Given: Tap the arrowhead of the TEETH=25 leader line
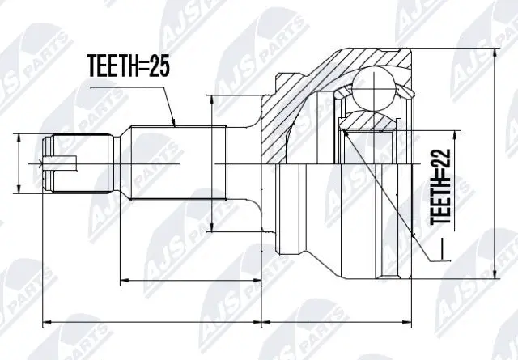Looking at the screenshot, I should click(175, 125).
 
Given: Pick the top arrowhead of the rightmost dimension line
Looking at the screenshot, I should click(494, 50).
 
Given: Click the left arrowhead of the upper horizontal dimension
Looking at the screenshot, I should click(122, 282).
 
